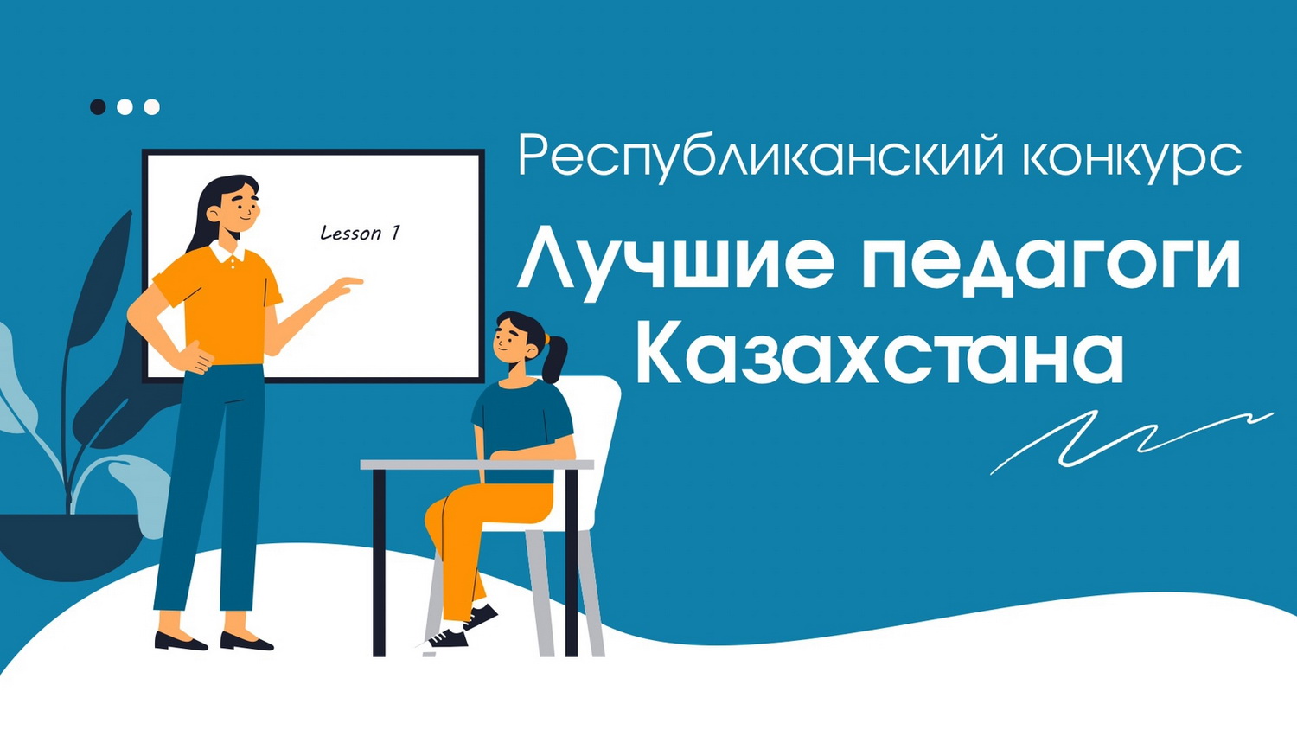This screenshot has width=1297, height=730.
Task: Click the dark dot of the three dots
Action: tap(98, 107)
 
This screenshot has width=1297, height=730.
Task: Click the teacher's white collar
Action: tap(227, 251)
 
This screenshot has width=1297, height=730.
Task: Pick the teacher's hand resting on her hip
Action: tap(195, 357)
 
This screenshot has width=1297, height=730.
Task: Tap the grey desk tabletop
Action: tap(477, 464)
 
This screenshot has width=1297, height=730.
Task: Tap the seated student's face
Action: tap(509, 342)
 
